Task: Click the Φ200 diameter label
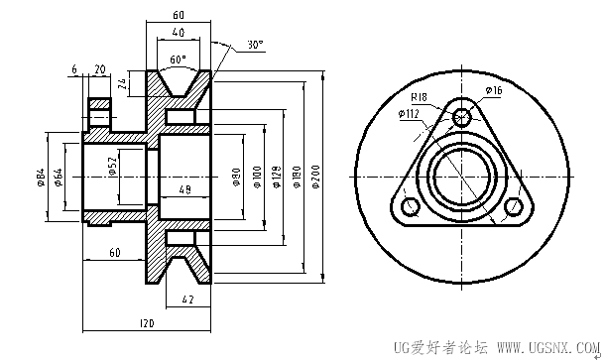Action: point(316,177)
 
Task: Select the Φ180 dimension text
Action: point(297,177)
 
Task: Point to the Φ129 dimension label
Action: point(277,178)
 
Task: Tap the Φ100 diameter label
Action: point(257,177)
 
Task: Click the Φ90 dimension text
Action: point(237,177)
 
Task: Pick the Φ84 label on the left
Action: point(41,178)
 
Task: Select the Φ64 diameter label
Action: point(59,178)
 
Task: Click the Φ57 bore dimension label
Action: point(112,166)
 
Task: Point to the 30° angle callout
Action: point(255,45)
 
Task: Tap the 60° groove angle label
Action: point(178,60)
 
